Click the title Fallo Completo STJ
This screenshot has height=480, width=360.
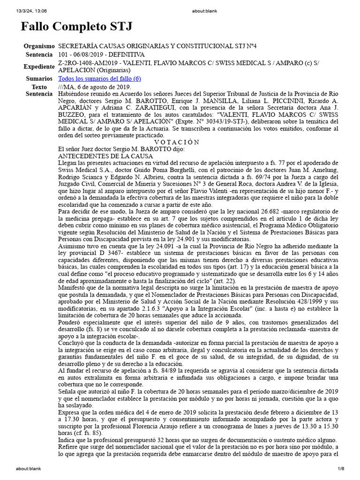point(76,27)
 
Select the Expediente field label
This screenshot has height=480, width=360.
point(39,67)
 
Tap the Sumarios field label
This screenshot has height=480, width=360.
point(39,79)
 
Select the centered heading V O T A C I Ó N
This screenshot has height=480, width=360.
point(177,142)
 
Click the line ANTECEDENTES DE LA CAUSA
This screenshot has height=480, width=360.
point(105,156)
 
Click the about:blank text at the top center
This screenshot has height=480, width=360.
point(180,4)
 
